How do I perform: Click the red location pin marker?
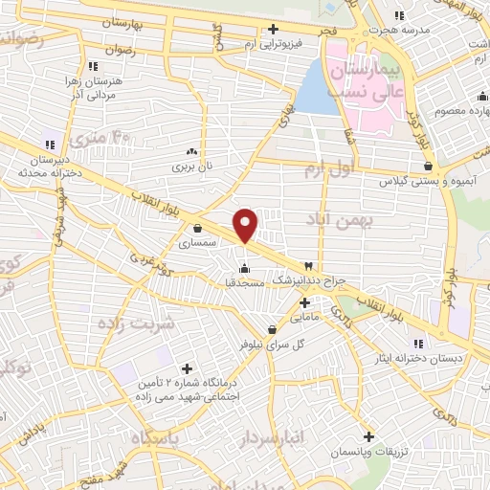[x=246, y=225]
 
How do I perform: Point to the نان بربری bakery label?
[x=190, y=167]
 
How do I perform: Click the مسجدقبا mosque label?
[x=246, y=283]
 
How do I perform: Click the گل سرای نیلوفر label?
[x=252, y=341]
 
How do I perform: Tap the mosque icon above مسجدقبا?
[x=246, y=268]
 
